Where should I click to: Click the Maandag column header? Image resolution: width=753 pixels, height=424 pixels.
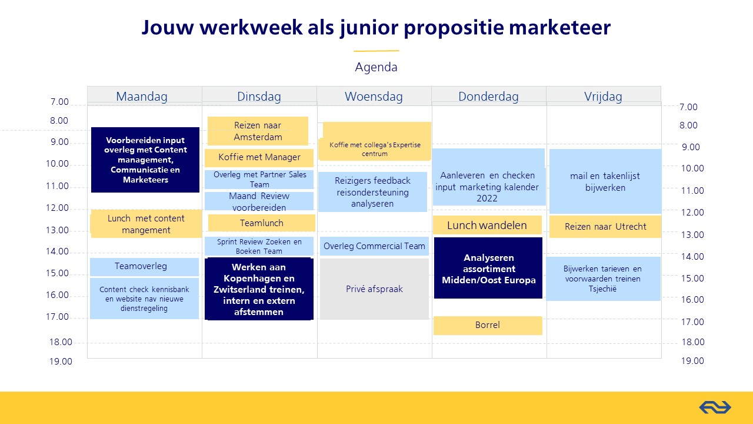coord(142,97)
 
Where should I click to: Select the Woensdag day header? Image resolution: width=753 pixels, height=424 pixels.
coord(374,97)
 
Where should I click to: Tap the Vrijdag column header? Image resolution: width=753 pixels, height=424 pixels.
coord(603,97)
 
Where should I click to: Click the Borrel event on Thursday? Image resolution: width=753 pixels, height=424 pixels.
coord(488,326)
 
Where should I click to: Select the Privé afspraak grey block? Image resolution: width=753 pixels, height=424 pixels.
coord(374,289)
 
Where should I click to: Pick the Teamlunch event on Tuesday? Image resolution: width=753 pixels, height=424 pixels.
coord(262,223)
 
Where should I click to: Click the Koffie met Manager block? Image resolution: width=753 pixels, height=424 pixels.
coord(259,157)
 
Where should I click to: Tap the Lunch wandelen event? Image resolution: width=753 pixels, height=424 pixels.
coord(487,225)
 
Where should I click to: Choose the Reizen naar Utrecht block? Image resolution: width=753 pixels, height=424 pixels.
coord(605,227)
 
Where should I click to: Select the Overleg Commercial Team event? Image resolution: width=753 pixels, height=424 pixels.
coord(374,246)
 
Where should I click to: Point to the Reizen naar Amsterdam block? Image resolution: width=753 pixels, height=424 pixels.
coord(258,131)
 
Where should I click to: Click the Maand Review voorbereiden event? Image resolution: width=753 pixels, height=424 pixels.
coord(259,201)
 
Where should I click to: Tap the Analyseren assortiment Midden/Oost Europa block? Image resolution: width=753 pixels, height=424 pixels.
coord(488,268)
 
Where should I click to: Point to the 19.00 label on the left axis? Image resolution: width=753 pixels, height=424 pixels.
coord(61,362)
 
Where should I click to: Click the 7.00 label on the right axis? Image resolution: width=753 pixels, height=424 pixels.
coord(688,107)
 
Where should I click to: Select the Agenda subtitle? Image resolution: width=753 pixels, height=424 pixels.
coord(376,67)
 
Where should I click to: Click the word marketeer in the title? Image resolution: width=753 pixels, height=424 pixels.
coord(559,27)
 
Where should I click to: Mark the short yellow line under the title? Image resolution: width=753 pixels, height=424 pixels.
coord(376,51)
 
